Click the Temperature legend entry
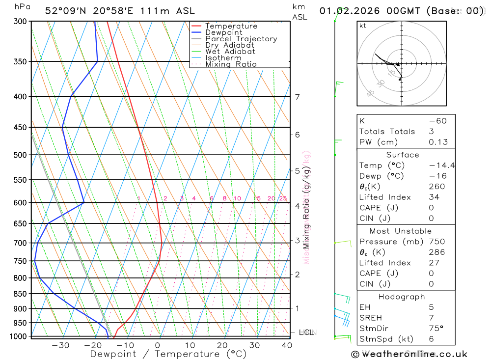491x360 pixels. click(x=231, y=26)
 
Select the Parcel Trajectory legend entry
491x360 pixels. click(x=241, y=39)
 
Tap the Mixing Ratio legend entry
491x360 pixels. click(x=231, y=64)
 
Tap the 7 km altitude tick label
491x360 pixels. click(x=298, y=97)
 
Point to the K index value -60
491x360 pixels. click(x=437, y=121)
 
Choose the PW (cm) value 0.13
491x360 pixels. click(x=438, y=142)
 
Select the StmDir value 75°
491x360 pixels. click(x=436, y=329)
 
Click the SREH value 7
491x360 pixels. click(x=431, y=318)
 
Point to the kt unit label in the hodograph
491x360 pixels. click(x=363, y=26)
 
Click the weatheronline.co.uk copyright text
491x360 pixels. click(x=409, y=354)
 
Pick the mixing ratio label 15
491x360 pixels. click(x=257, y=198)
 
